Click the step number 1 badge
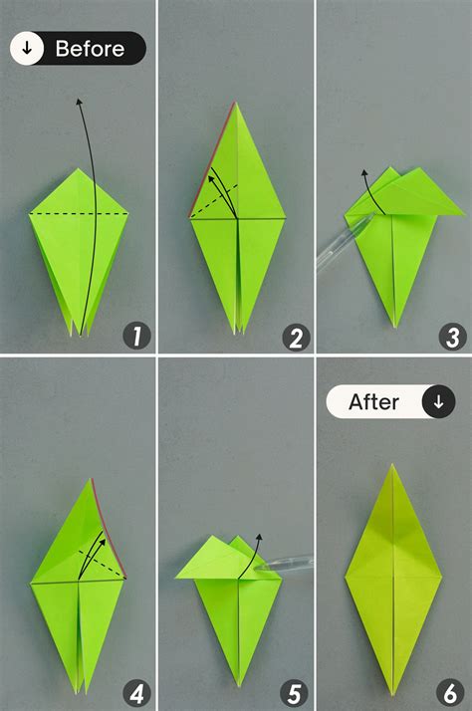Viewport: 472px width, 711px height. point(136,336)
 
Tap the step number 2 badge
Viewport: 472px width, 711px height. point(295,336)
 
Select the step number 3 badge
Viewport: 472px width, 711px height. point(453,336)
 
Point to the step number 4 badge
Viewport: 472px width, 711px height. point(136,691)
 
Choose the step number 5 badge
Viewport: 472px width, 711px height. point(295,691)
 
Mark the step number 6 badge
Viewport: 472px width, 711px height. point(453,691)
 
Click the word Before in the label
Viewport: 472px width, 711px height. point(90,48)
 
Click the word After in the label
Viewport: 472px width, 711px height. point(373,402)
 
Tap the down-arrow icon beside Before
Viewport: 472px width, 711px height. point(27,48)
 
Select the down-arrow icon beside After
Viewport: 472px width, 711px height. point(438,402)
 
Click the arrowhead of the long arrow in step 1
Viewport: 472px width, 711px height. point(78,101)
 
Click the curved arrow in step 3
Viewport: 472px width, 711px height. point(364,189)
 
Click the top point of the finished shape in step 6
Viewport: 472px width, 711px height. point(393,465)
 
